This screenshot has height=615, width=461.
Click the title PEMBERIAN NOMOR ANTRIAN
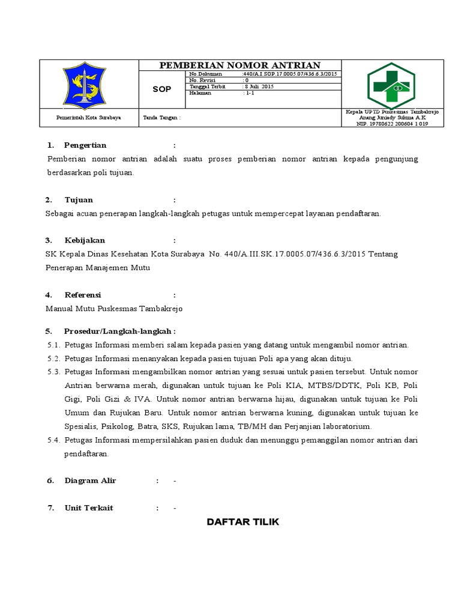point(240,65)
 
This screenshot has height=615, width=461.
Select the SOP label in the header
point(161,89)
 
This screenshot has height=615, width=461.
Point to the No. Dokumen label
point(205,74)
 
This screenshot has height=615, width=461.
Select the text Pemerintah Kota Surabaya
point(88,118)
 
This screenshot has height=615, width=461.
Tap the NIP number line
point(392,124)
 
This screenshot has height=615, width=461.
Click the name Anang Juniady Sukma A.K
point(392,118)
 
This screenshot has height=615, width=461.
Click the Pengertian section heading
point(85,145)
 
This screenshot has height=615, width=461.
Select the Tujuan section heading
point(79,200)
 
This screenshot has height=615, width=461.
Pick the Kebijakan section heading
point(85,240)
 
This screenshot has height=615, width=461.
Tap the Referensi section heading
point(83,295)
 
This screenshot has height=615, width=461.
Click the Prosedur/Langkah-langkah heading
point(119,332)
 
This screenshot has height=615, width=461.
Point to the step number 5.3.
point(54,372)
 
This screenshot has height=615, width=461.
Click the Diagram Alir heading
point(90,480)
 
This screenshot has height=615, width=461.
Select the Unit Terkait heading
point(89,508)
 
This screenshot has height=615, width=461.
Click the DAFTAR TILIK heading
point(243,522)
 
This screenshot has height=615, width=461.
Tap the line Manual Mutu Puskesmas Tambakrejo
point(113,309)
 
